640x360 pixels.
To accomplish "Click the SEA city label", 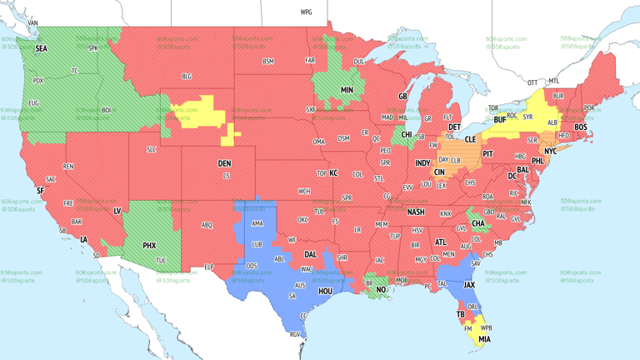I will click(x=41, y=49).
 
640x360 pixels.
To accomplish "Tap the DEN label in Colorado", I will click(x=224, y=163).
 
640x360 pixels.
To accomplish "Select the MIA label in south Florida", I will click(x=484, y=339).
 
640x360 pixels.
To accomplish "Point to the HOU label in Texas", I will click(x=325, y=292).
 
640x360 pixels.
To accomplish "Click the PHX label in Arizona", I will click(x=149, y=246).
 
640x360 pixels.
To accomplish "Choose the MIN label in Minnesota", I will click(x=347, y=90).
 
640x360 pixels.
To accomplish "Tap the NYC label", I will click(x=550, y=152).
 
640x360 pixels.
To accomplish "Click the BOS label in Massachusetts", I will click(x=580, y=127).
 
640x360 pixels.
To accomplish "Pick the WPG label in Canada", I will click(x=307, y=12).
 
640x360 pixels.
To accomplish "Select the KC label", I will click(x=333, y=173).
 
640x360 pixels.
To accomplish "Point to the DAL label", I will click(x=311, y=255).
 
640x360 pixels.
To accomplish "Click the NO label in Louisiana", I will click(x=381, y=291).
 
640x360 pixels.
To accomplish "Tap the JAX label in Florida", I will click(x=469, y=284).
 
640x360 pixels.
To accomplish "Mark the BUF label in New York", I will click(x=500, y=120).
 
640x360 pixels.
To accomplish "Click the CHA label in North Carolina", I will click(x=478, y=223).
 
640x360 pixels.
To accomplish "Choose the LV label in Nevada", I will click(x=117, y=211).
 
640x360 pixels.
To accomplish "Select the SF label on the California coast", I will click(x=40, y=191).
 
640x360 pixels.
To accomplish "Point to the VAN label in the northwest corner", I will click(x=33, y=22).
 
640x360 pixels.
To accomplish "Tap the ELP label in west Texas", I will click(x=209, y=267).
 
